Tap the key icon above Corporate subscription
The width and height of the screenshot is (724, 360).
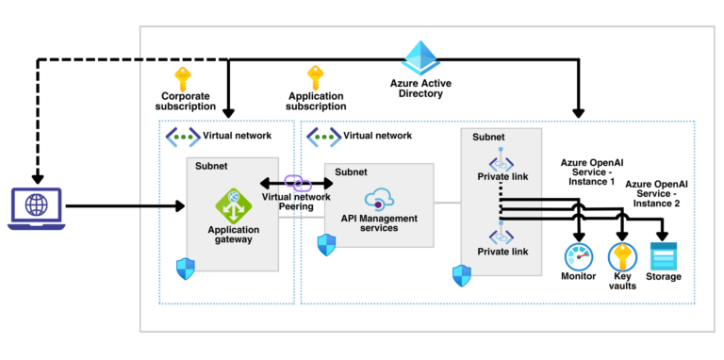pos(183,79)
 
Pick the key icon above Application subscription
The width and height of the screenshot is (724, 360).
pos(317,79)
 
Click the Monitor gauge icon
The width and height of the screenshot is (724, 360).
pos(577,256)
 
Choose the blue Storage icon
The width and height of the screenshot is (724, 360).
pos(664,256)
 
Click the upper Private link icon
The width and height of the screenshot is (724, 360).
pos(501,163)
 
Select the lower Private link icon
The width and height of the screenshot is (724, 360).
pos(501,236)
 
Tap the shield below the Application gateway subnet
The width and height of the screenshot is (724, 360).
pos(185,268)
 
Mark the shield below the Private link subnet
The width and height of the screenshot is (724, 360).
pos(462,275)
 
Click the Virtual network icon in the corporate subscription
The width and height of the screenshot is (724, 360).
pos(182,136)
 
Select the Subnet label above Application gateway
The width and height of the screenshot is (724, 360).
pos(212,166)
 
